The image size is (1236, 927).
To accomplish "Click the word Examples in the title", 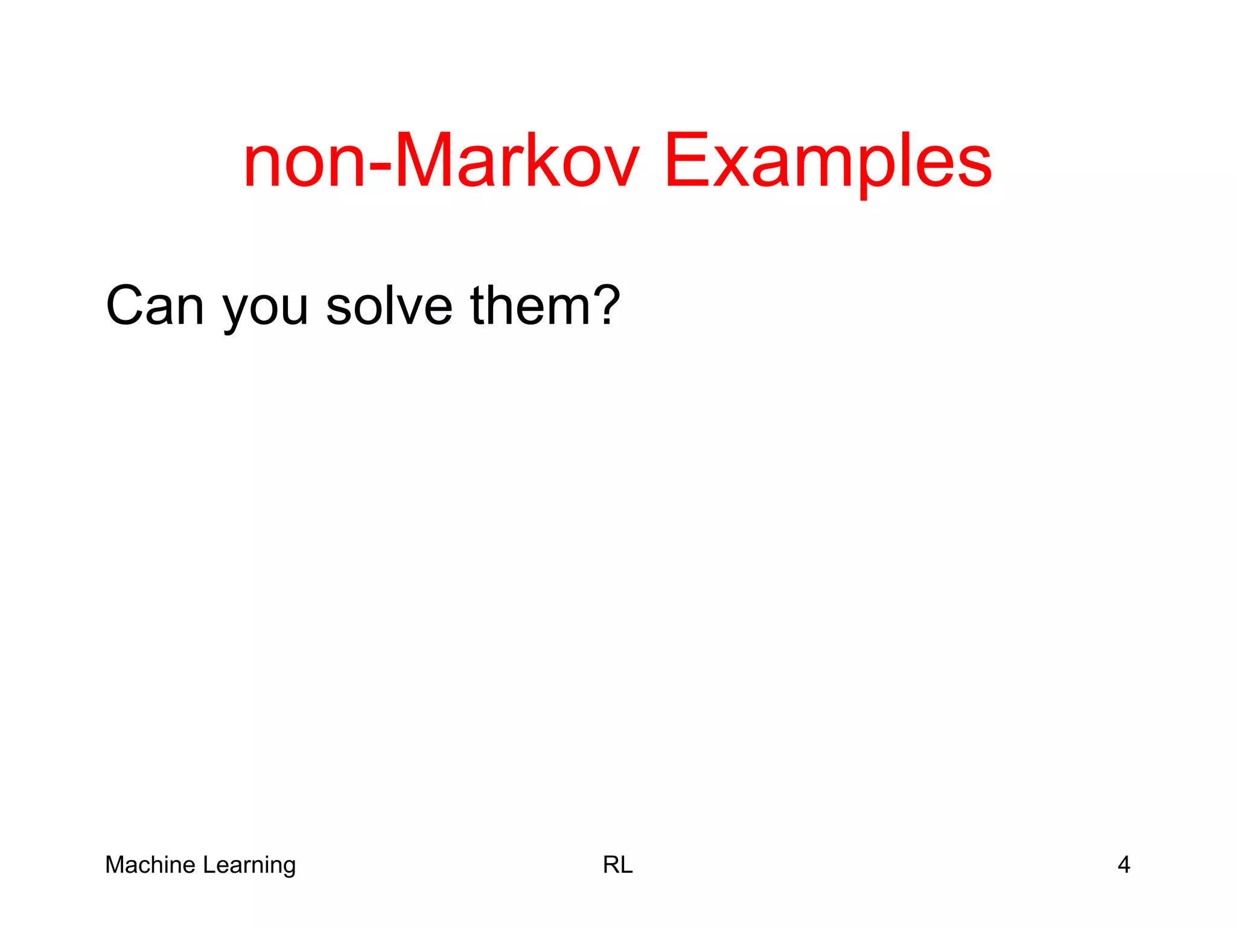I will click(827, 162).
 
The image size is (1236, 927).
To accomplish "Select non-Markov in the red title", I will click(441, 162).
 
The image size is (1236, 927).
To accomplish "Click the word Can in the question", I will click(154, 306).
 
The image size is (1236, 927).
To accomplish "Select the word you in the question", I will click(266, 311).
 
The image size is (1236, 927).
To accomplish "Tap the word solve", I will click(389, 306).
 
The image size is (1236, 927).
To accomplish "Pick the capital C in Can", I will click(126, 306).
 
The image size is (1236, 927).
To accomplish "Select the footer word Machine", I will click(151, 865).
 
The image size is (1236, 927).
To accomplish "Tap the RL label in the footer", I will click(617, 865).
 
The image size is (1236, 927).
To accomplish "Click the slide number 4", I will click(1123, 865).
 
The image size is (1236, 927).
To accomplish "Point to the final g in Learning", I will click(288, 868).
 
